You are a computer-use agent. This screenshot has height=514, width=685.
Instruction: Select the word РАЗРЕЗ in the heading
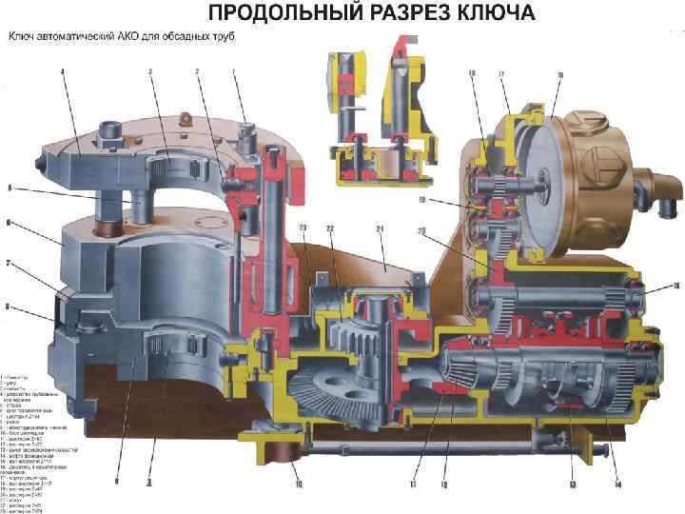click(395, 13)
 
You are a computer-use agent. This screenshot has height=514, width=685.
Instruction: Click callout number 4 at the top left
click(62, 71)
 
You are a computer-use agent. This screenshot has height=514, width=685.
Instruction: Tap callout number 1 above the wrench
click(233, 71)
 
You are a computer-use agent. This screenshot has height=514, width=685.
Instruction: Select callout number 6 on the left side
click(9, 223)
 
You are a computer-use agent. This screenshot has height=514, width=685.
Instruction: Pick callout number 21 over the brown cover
click(380, 229)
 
